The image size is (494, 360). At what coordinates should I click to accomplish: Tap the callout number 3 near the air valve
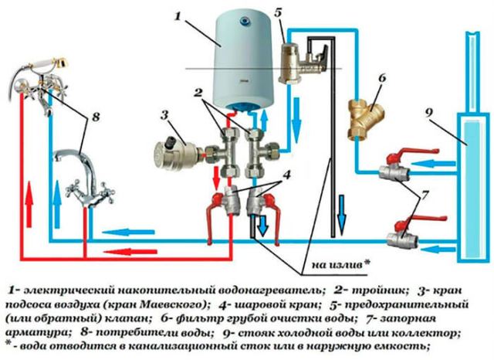[163, 116]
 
